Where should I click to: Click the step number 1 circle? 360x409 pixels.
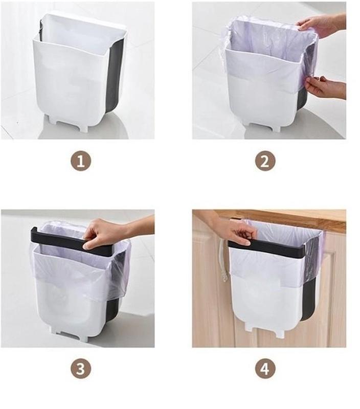coord(81,162)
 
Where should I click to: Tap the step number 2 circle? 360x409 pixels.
coord(265,162)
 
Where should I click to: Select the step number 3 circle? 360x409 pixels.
coord(81,369)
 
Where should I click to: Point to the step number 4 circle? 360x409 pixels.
coord(265,369)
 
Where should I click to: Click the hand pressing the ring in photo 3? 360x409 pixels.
coord(115,234)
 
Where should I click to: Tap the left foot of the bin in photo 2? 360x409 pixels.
coord(249,125)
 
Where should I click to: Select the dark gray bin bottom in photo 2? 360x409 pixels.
coord(302,100)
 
